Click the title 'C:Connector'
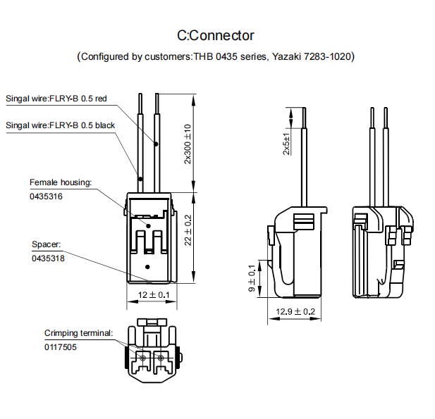[x=216, y=35]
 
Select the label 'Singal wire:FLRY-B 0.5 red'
[x=56, y=99]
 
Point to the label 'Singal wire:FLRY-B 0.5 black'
[x=61, y=125]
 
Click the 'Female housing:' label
[x=61, y=182]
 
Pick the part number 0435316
[x=47, y=197]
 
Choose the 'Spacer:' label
[x=47, y=244]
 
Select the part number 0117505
[x=61, y=347]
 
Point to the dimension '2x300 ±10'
[x=188, y=144]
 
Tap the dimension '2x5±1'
[x=286, y=144]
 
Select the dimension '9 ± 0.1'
[x=252, y=279]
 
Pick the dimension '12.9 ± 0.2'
[x=295, y=311]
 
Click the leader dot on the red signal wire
[x=157, y=144]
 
